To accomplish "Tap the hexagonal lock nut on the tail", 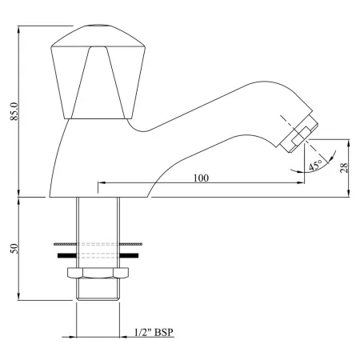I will pyautogui.click(x=97, y=276).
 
